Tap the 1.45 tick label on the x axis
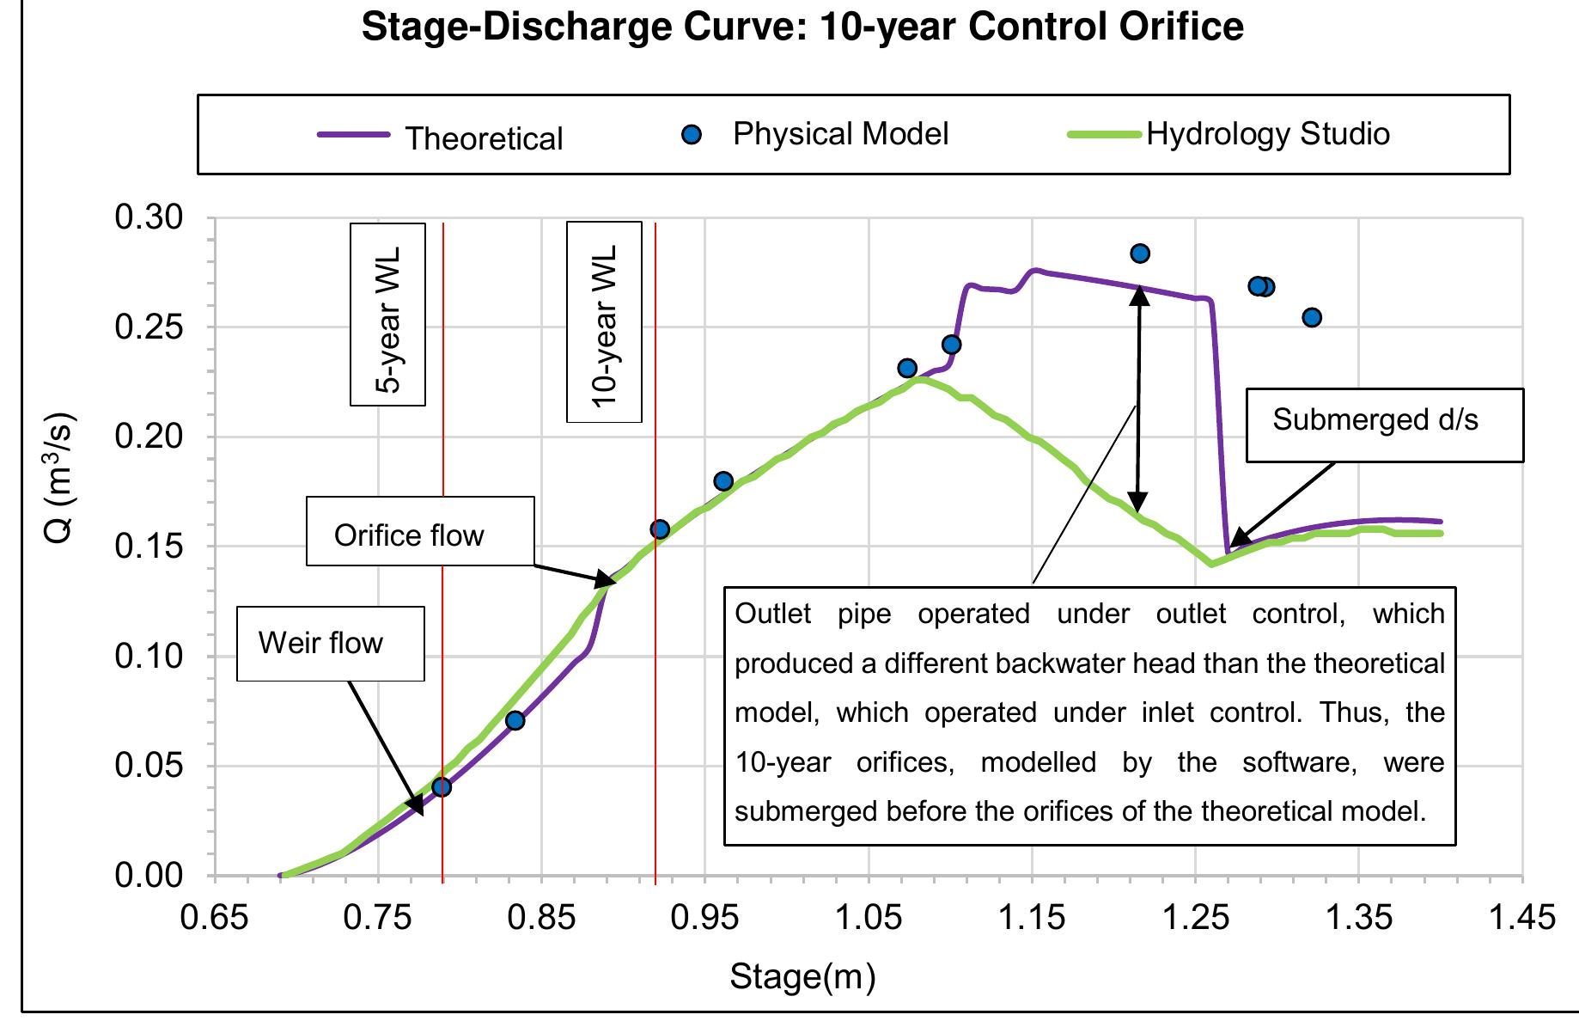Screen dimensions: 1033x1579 1522,918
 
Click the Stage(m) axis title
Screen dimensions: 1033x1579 802,977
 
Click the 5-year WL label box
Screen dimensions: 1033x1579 387,314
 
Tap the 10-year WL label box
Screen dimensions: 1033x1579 604,322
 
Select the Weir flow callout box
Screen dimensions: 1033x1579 330,644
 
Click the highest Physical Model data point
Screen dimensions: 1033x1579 1140,254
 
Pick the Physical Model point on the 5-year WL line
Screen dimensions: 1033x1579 442,787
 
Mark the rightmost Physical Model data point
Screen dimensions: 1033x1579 1312,318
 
